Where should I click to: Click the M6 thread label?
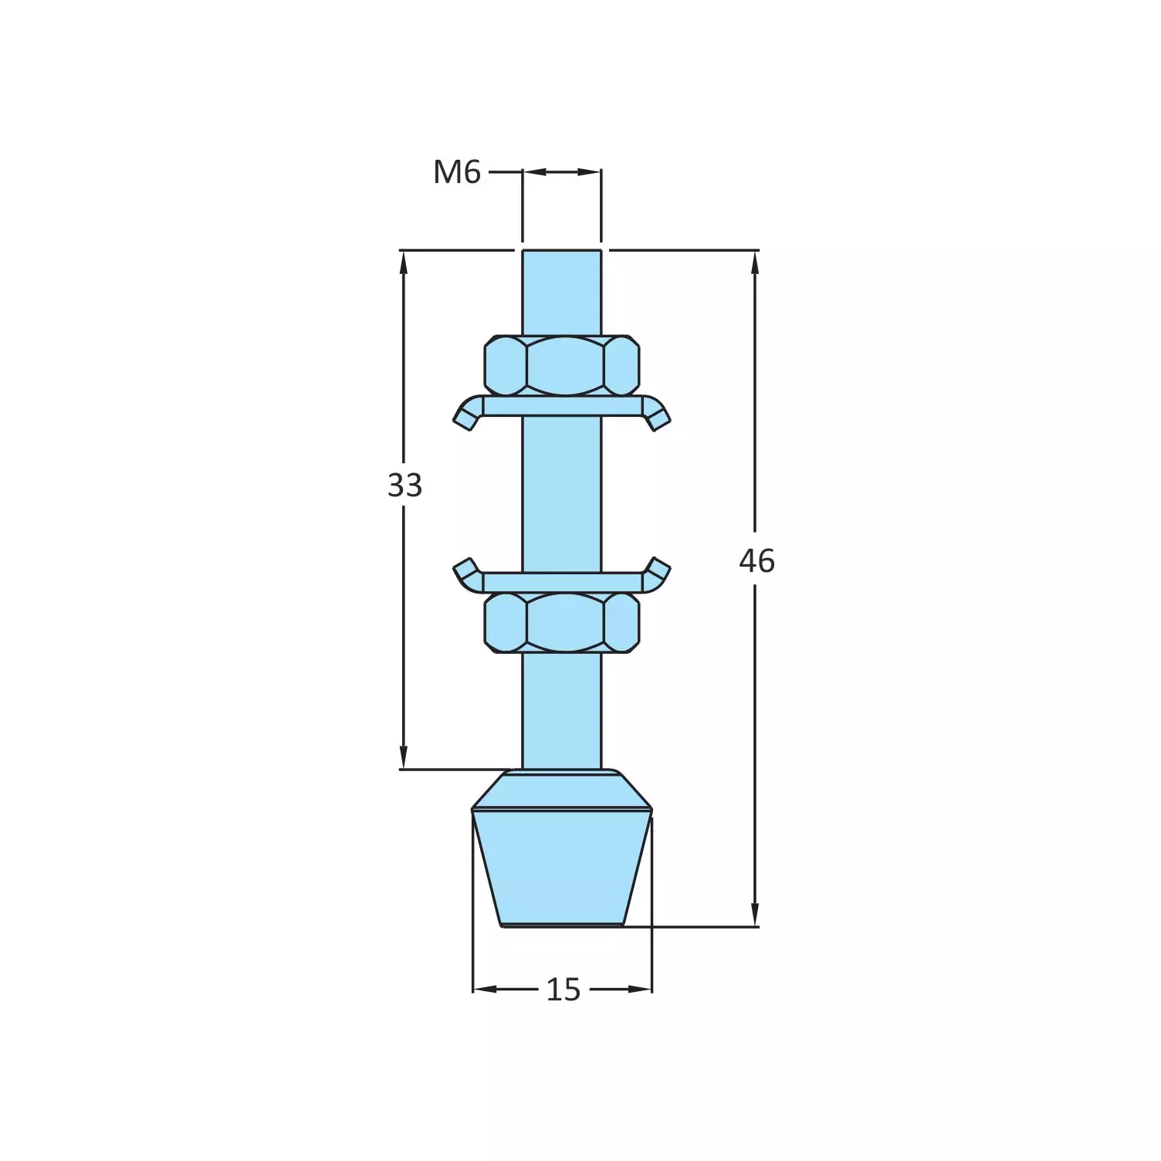click(456, 172)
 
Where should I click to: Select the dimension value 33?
click(404, 486)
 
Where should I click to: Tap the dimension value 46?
click(756, 561)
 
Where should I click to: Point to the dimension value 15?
click(563, 990)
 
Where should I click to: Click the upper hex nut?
click(562, 365)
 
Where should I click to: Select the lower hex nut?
click(562, 622)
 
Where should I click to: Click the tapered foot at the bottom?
click(562, 865)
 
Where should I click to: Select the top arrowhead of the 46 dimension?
click(755, 262)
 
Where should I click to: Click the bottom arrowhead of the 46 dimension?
click(755, 916)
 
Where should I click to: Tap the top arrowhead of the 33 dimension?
click(403, 262)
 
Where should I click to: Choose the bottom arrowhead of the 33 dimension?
click(403, 758)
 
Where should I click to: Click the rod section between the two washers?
click(562, 494)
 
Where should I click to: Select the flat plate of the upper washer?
click(562, 406)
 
